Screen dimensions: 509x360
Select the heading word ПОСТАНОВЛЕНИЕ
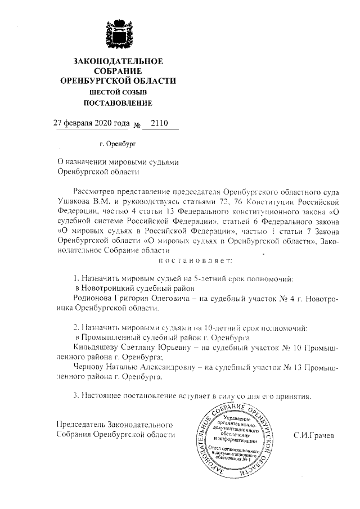tap(118, 103)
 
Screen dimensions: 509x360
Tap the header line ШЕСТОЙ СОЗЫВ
tap(118, 92)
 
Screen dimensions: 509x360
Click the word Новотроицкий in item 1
tap(110, 288)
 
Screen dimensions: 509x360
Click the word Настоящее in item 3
tap(103, 395)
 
